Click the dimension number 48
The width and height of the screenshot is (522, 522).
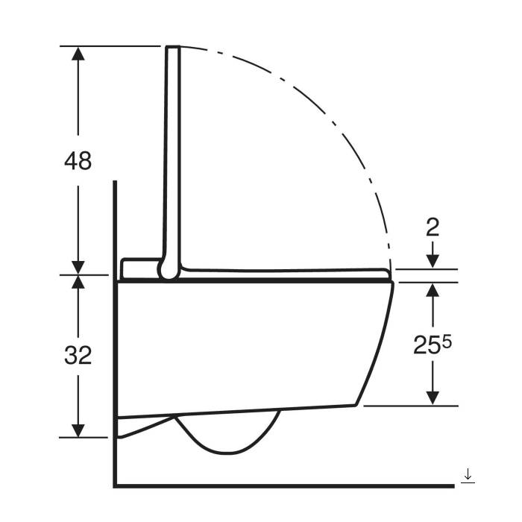pos(78,161)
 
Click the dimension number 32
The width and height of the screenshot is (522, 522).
pos(78,355)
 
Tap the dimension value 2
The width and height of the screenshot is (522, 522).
pos(433,227)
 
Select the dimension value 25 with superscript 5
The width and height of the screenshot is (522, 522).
pos(433,345)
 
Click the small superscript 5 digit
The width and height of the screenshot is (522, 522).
pos(447,341)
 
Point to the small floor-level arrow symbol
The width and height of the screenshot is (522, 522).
pos(468,476)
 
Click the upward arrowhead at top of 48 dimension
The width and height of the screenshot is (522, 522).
pos(78,54)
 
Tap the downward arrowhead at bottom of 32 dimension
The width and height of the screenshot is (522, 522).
pos(78,431)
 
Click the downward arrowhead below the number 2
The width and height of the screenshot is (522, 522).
pos(433,261)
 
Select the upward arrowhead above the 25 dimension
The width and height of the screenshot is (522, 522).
pos(433,290)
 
